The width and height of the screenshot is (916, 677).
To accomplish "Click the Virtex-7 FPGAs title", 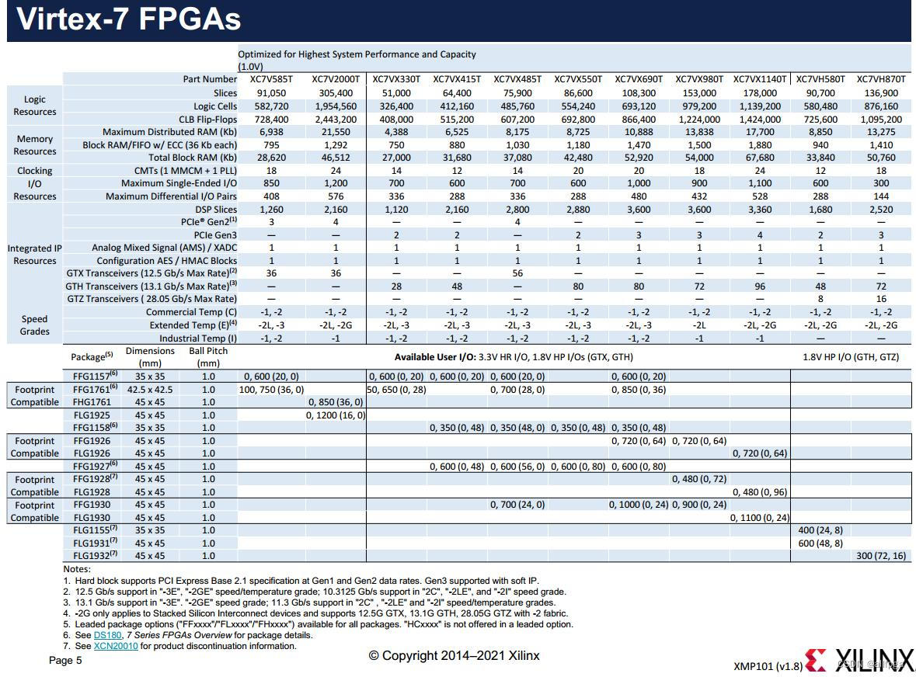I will click(x=128, y=20).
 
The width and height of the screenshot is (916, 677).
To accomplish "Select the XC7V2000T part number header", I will click(x=336, y=79).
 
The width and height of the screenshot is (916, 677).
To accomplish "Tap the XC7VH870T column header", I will click(x=881, y=79).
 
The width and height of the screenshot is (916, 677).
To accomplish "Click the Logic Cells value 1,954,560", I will click(x=336, y=106).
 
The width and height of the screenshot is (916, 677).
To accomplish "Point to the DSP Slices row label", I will click(x=216, y=210).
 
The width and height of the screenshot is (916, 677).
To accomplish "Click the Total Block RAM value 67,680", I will click(x=760, y=158).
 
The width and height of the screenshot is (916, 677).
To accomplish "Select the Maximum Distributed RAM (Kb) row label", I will click(x=169, y=132).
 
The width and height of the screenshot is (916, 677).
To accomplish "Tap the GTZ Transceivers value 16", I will click(x=881, y=299).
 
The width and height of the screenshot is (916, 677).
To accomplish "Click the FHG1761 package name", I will click(x=92, y=402).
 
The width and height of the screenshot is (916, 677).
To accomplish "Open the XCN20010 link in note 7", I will click(x=116, y=645).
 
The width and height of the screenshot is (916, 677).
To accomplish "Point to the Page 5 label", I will click(x=65, y=661).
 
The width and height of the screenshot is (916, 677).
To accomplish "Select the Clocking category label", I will click(x=35, y=171).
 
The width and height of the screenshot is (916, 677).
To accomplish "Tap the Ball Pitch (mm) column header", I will click(x=208, y=356).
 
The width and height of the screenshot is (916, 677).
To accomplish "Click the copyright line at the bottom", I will click(x=454, y=656).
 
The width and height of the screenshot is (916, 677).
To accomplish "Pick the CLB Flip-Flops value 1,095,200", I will click(x=881, y=120).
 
